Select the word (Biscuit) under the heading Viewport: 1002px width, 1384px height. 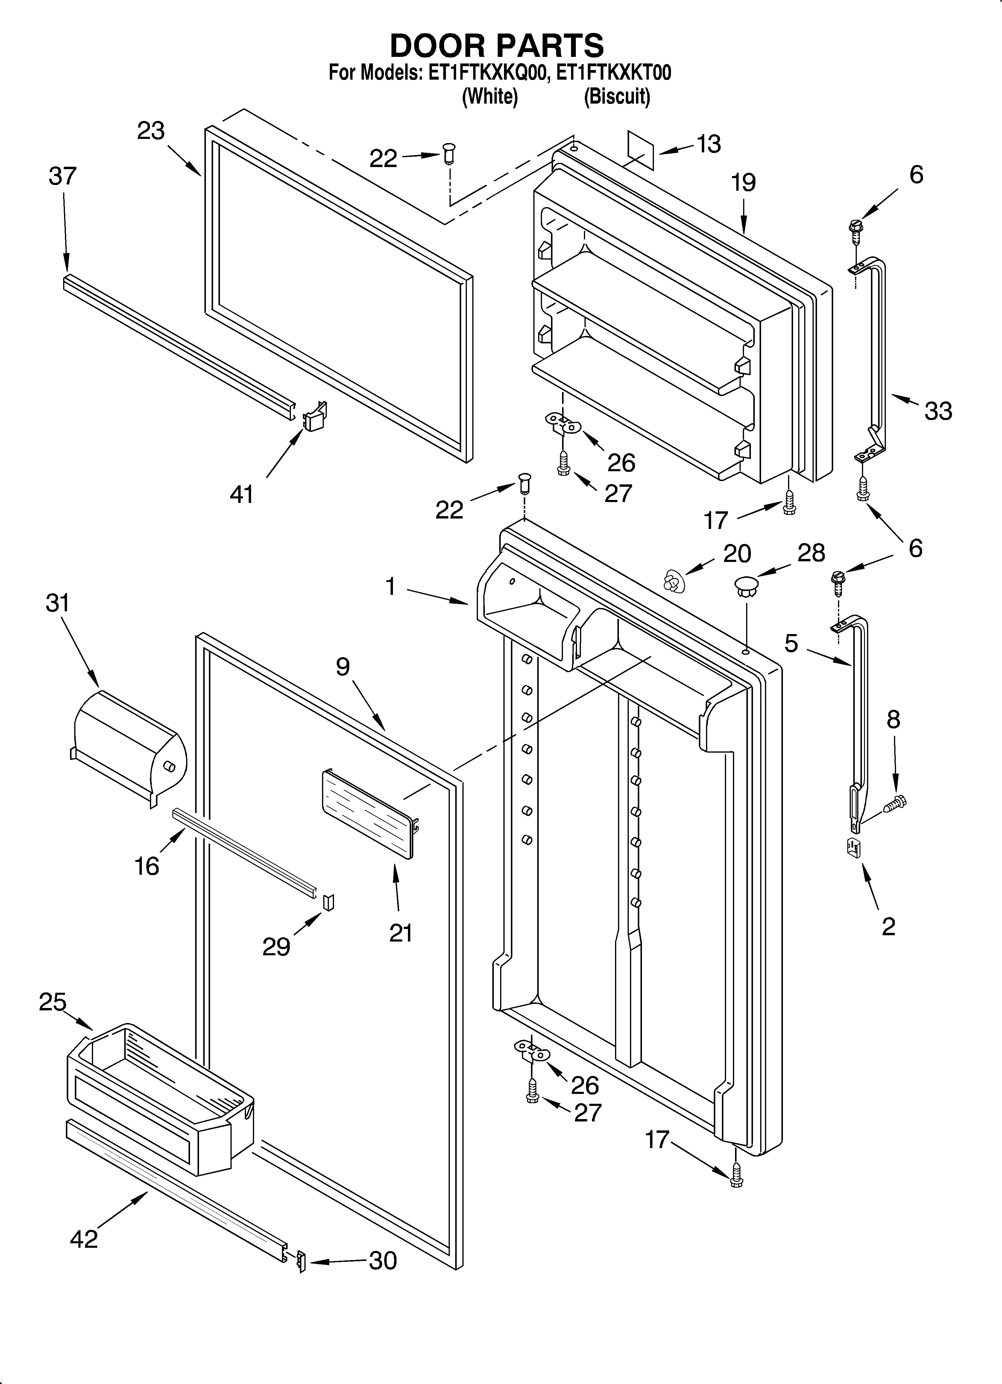tap(617, 96)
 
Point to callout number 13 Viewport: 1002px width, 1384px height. tap(708, 144)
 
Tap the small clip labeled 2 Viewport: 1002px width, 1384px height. tap(853, 848)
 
